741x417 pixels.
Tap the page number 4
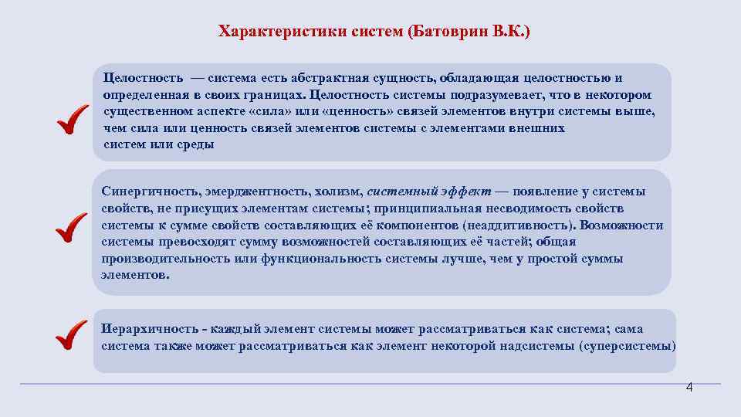tap(689, 388)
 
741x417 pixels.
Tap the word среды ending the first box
tap(198, 145)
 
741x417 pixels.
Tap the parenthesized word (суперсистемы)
tap(626, 345)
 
